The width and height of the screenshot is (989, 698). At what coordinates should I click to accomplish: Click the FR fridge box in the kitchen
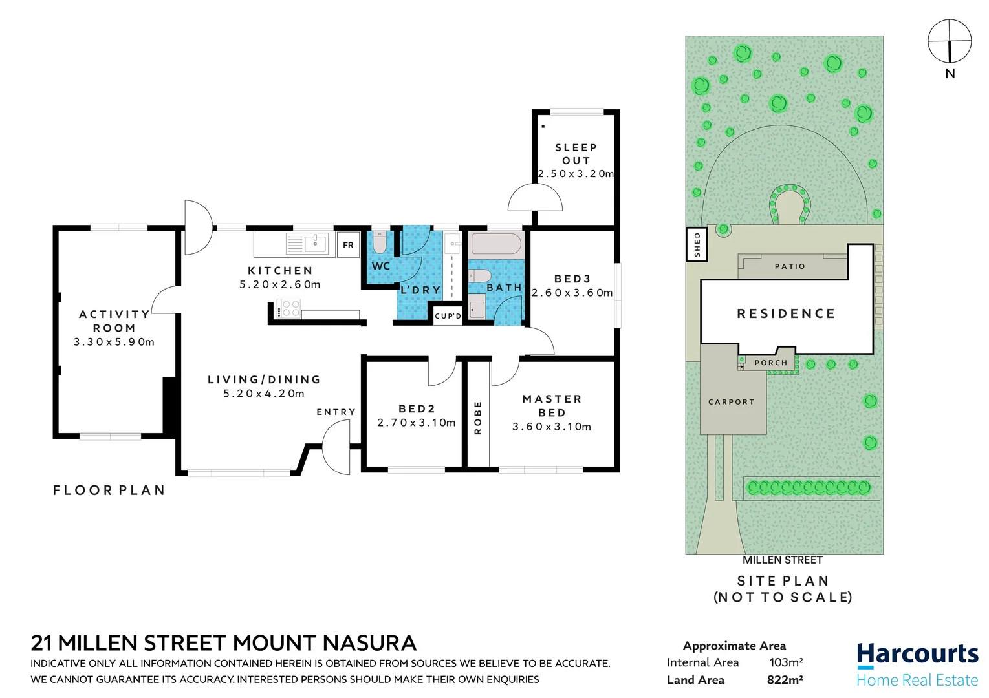tap(348, 245)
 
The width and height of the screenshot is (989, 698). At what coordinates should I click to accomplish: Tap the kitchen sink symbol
tap(316, 244)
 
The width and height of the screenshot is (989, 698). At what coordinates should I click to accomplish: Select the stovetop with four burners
tap(288, 308)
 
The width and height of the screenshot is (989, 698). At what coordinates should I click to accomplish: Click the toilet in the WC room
tap(379, 242)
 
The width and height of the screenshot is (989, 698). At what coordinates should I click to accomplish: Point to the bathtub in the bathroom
tap(495, 244)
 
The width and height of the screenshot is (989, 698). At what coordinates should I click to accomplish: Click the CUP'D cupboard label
tap(448, 316)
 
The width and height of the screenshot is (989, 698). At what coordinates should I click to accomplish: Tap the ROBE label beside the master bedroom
tap(478, 418)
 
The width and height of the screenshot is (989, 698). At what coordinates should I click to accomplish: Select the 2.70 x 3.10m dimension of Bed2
tap(417, 423)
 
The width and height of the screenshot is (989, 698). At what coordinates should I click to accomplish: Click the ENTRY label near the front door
tap(336, 412)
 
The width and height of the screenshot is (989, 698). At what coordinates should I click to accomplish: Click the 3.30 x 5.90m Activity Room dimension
tap(114, 342)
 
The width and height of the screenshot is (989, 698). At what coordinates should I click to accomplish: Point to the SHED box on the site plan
tap(697, 245)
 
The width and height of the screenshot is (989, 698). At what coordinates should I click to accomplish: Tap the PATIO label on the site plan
tap(790, 266)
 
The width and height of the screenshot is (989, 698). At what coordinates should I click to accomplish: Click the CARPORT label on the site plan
tap(731, 402)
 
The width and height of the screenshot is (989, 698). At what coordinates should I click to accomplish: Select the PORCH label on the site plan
tap(771, 363)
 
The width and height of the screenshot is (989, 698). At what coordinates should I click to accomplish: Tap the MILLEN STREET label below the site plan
tap(782, 560)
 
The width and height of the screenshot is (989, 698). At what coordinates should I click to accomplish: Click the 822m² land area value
tap(785, 680)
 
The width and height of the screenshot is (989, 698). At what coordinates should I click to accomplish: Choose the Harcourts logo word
tap(917, 654)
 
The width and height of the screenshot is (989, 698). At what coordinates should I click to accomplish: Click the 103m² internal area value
tap(786, 662)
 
